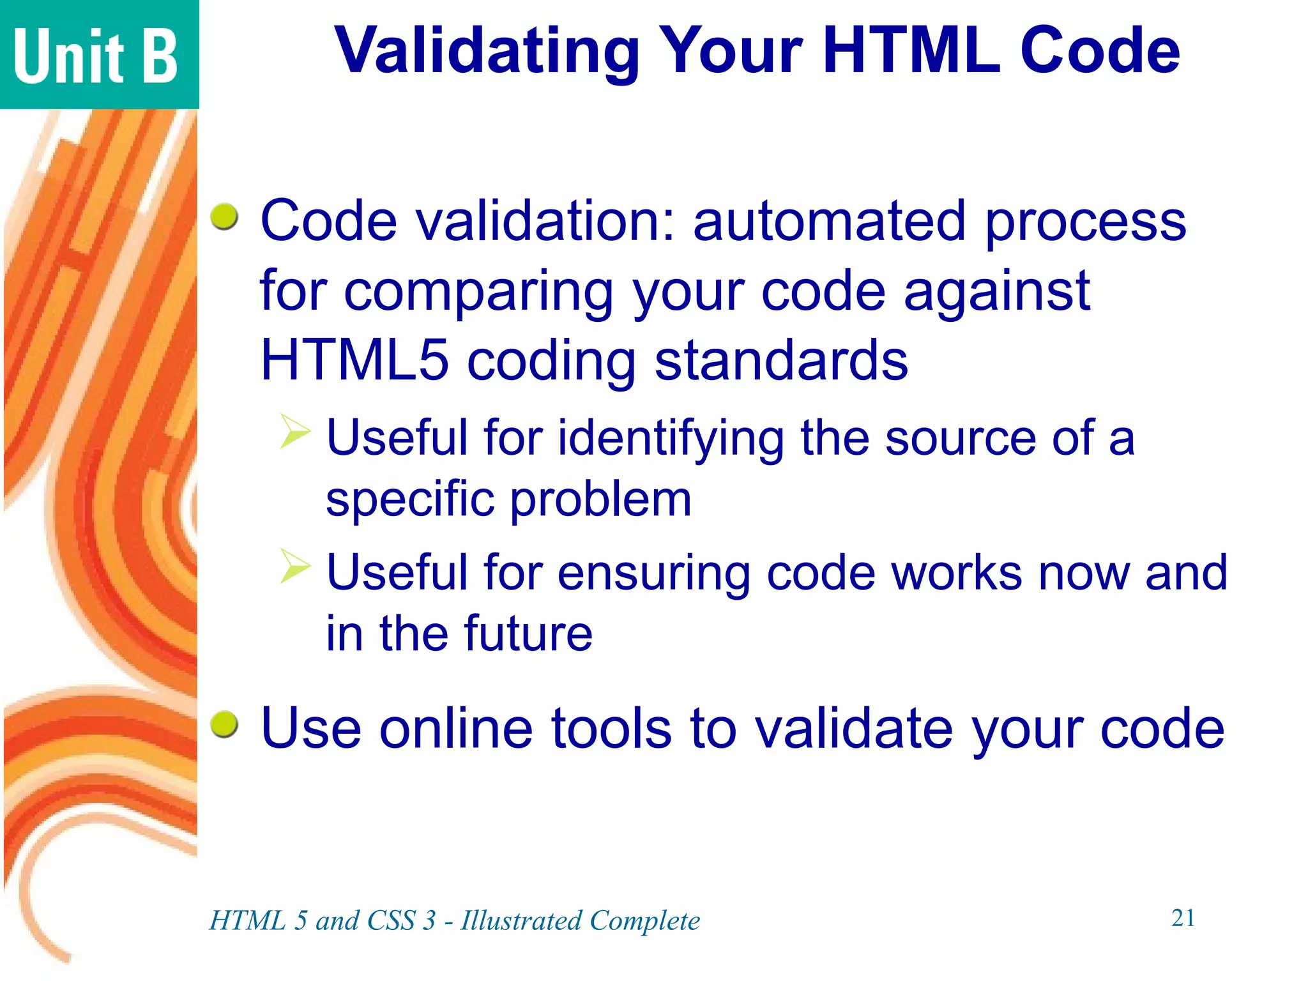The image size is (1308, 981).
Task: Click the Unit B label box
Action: click(99, 55)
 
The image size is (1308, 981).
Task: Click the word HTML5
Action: click(354, 360)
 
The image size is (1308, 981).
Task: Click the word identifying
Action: click(671, 439)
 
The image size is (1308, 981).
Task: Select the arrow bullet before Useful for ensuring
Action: click(295, 566)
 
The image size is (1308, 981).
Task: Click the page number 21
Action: click(1183, 918)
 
